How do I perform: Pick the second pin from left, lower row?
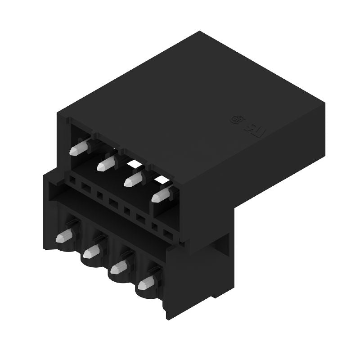[x=92, y=251]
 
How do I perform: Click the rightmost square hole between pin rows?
[x=167, y=234]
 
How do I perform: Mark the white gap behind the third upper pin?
[x=135, y=166]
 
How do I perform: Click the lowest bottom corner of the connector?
[x=167, y=319]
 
